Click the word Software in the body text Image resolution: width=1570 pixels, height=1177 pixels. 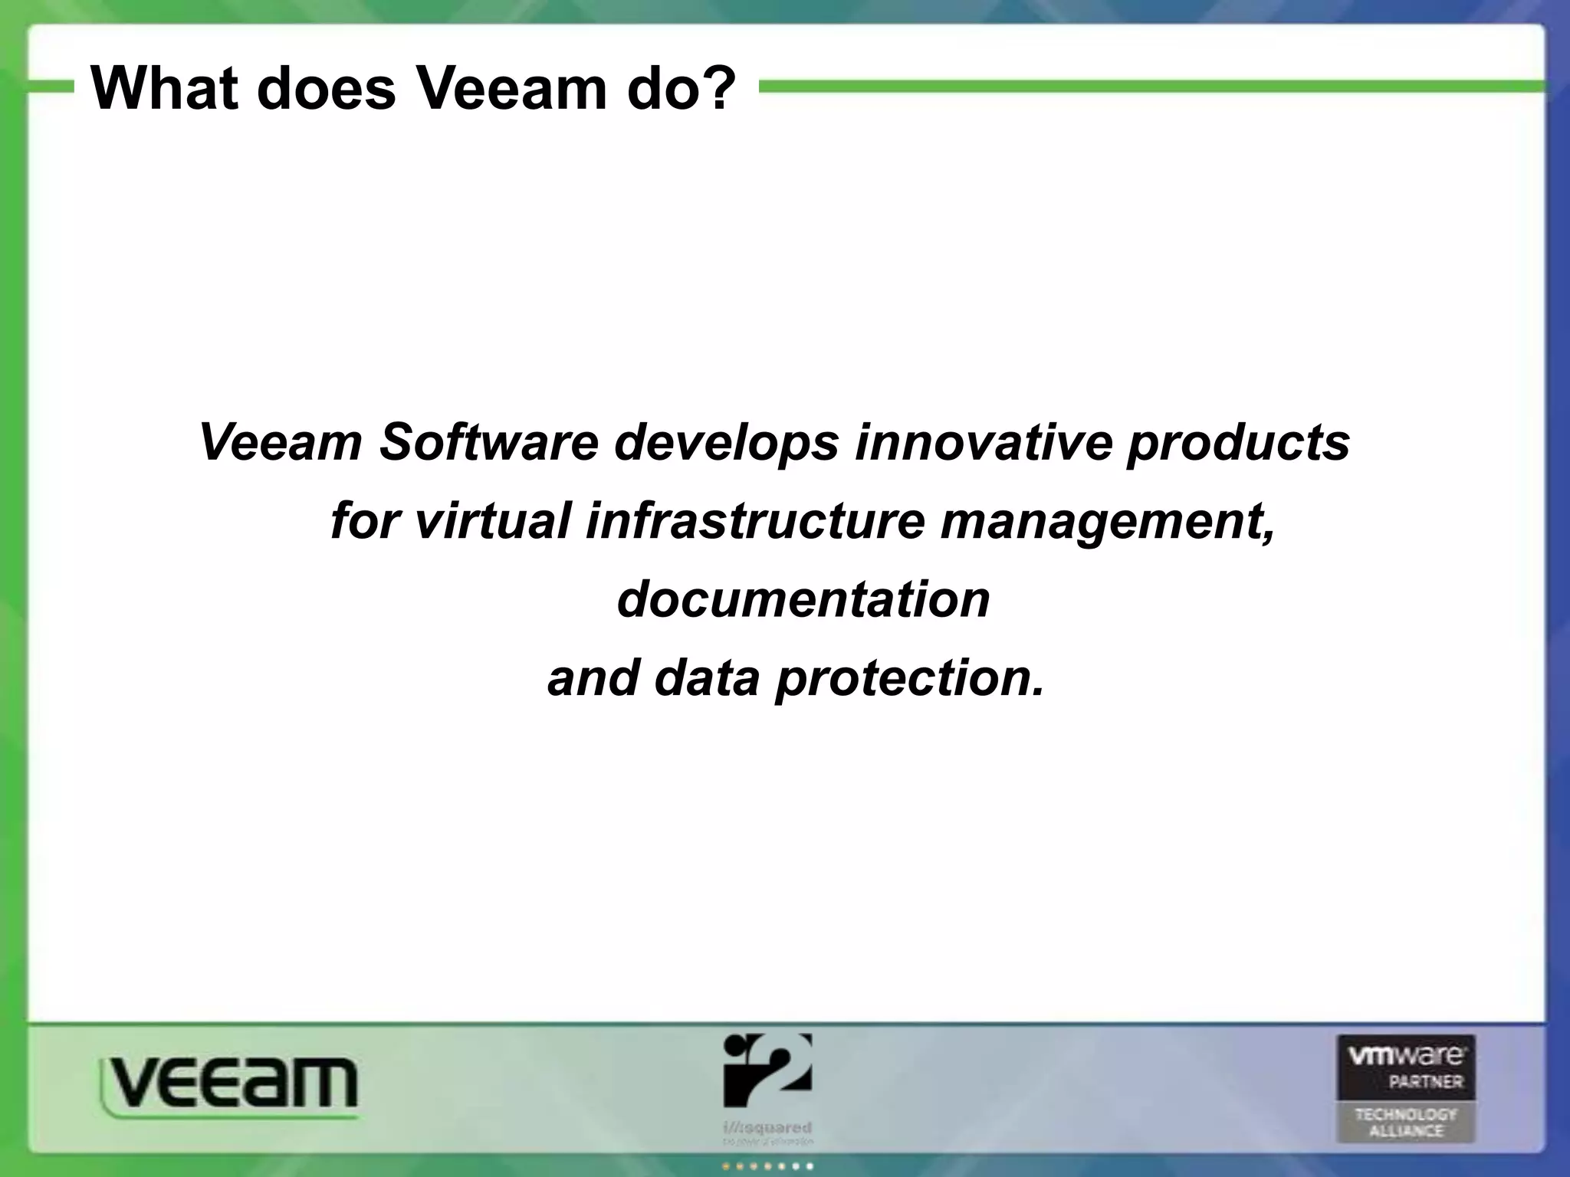coord(488,443)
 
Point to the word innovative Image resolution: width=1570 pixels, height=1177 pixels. coord(984,443)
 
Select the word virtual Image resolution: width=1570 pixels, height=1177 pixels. coord(493,521)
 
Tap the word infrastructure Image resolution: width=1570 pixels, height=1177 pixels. coord(755,521)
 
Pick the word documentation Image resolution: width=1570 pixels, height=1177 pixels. coord(803,599)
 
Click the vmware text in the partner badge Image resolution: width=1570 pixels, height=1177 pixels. coord(1406,1057)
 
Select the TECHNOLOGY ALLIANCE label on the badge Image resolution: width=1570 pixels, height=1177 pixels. coord(1406,1123)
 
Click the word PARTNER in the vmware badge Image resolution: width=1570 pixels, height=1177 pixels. coord(1425,1082)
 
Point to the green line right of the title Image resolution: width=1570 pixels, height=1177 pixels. coord(1150,87)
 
